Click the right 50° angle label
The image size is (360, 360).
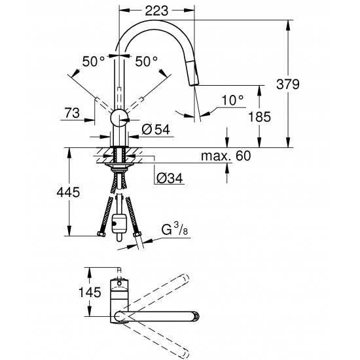(x=147, y=61)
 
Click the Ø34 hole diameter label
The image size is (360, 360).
(x=170, y=175)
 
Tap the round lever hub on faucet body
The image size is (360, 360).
(x=119, y=118)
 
